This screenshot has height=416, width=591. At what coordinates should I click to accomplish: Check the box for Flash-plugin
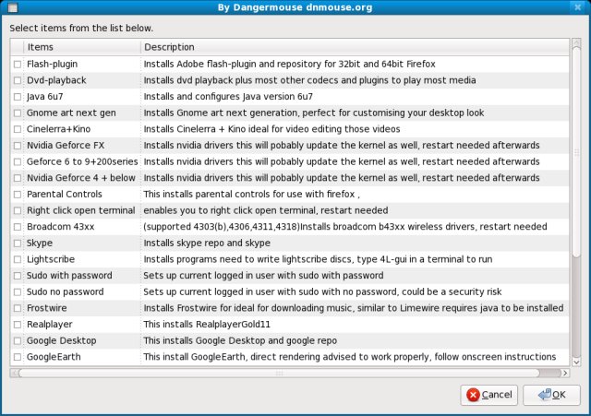tap(17, 65)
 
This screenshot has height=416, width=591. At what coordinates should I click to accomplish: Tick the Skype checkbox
tap(17, 244)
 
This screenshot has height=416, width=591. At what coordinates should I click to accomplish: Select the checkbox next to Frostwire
tap(17, 308)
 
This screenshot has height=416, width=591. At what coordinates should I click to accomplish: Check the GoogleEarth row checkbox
tap(17, 357)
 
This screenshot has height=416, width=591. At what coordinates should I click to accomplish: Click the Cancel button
tap(488, 395)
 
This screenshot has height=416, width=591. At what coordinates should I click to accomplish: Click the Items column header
tap(41, 47)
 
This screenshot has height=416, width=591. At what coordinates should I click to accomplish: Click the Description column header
tap(169, 47)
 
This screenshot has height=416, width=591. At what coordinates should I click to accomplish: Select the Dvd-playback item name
tap(56, 80)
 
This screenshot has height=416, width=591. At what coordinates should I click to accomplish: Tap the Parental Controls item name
tap(64, 195)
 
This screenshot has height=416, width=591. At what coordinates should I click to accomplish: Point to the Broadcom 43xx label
tap(61, 227)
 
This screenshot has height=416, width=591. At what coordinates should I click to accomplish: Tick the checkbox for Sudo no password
tap(17, 292)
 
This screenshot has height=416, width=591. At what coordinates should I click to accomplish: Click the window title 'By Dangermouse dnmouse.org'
tap(295, 9)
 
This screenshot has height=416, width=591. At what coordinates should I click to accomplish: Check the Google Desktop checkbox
tap(17, 340)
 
